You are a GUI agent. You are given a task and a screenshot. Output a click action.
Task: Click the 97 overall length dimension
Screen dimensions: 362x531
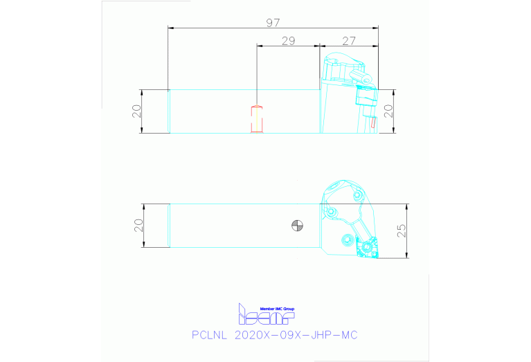tap(273, 23)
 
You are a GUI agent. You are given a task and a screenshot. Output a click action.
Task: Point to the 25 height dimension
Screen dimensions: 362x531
tap(402, 231)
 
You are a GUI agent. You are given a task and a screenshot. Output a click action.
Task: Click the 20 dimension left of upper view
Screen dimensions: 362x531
tap(136, 111)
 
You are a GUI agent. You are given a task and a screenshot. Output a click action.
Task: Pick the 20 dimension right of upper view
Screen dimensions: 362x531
tap(388, 111)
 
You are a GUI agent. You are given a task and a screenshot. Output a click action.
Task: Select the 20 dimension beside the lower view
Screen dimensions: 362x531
tap(138, 225)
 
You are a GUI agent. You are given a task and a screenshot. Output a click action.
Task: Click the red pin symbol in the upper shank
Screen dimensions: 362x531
tap(256, 119)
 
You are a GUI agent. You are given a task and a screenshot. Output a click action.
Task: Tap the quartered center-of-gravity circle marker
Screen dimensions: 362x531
tap(297, 225)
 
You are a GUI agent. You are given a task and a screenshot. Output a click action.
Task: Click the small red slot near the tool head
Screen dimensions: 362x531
tap(373, 123)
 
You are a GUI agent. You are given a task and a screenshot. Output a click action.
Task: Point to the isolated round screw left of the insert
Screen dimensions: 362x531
tap(346, 240)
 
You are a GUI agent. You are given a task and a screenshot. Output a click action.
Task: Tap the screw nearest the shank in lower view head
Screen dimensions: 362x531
tap(333, 210)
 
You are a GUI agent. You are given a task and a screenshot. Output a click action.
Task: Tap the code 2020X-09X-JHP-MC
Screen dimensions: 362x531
tap(296, 335)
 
